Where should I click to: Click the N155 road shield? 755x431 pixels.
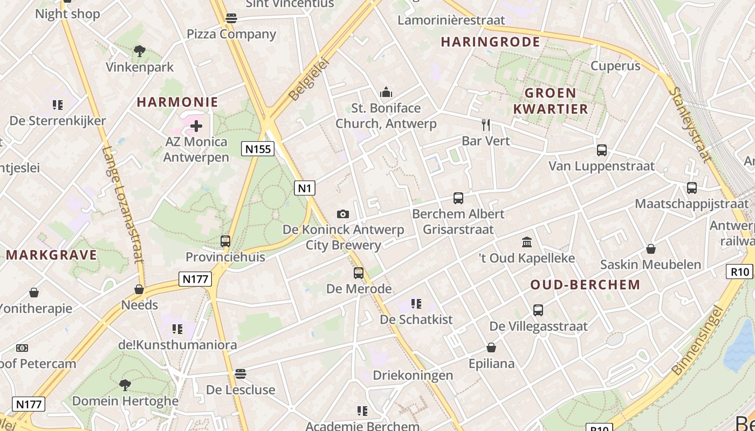(x=258, y=149)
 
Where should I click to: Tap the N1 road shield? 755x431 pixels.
(x=305, y=188)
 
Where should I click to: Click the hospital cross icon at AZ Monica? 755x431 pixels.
(x=196, y=126)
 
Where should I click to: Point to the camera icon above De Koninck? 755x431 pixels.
(x=342, y=214)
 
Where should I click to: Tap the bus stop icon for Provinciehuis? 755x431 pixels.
(x=225, y=241)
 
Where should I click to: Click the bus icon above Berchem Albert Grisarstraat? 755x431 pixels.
(x=458, y=198)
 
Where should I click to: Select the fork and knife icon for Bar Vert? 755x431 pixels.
(x=486, y=125)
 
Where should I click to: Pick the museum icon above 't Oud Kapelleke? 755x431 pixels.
(x=527, y=242)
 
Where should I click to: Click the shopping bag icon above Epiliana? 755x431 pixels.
(x=491, y=347)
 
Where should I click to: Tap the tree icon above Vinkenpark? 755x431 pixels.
(x=140, y=51)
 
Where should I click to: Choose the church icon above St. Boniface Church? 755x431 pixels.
(x=386, y=92)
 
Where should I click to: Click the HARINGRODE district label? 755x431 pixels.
(x=490, y=42)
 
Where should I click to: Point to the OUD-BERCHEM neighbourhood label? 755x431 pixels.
(x=585, y=284)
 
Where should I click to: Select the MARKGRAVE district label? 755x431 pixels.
(x=52, y=254)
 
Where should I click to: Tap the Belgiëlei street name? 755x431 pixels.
(x=308, y=79)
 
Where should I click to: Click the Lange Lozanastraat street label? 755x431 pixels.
(x=123, y=205)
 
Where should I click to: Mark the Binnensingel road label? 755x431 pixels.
(x=697, y=340)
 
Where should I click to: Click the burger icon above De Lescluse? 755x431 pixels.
(x=241, y=373)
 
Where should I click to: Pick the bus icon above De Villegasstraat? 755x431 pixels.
(x=538, y=310)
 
